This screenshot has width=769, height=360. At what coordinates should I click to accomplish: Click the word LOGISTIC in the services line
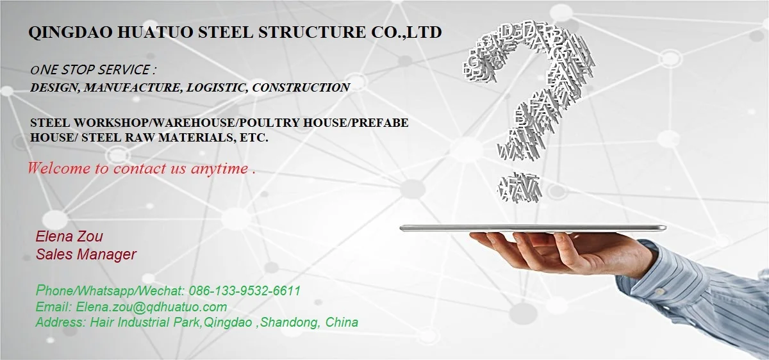tap(216, 88)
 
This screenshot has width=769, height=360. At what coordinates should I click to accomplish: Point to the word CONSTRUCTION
tap(301, 88)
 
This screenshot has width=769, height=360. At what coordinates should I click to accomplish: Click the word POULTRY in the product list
tap(250, 122)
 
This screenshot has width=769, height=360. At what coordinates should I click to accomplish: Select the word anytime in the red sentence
tap(219, 169)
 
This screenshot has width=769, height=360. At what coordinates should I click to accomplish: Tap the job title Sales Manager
tap(86, 254)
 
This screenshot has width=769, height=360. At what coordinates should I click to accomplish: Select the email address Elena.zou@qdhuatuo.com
tap(151, 307)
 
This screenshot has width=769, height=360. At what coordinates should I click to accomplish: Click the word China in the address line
tap(342, 322)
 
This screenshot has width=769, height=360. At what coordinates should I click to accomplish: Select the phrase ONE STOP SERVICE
tap(94, 69)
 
